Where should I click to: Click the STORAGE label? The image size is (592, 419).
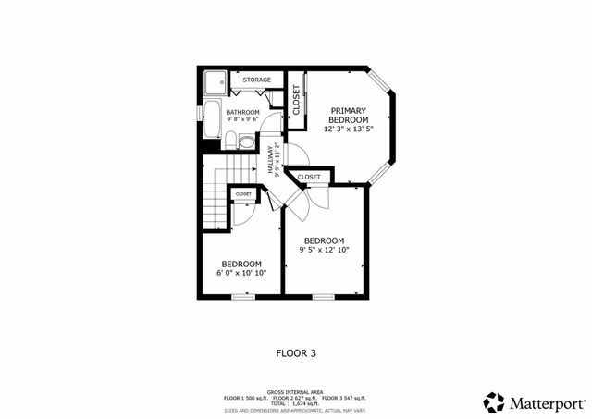[x=257, y=80]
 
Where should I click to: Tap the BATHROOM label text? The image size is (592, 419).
[x=242, y=113]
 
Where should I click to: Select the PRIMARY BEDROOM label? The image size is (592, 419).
[x=349, y=115]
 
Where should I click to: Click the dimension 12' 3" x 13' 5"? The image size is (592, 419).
[x=349, y=129]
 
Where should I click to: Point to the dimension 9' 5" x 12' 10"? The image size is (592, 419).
[x=325, y=250]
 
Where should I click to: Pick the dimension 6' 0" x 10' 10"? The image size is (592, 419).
[x=235, y=273]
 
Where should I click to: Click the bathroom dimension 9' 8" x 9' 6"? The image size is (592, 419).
[x=242, y=121]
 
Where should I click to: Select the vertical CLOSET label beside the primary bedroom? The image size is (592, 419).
[x=296, y=99]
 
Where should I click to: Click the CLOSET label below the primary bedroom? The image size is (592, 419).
[x=309, y=176]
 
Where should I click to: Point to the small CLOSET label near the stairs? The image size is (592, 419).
[x=243, y=194]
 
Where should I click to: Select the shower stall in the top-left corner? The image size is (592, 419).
[x=215, y=83]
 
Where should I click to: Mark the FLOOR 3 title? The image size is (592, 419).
[x=296, y=352]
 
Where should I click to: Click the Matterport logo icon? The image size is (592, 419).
[x=494, y=402]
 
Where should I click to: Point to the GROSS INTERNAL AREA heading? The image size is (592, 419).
[x=296, y=391]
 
